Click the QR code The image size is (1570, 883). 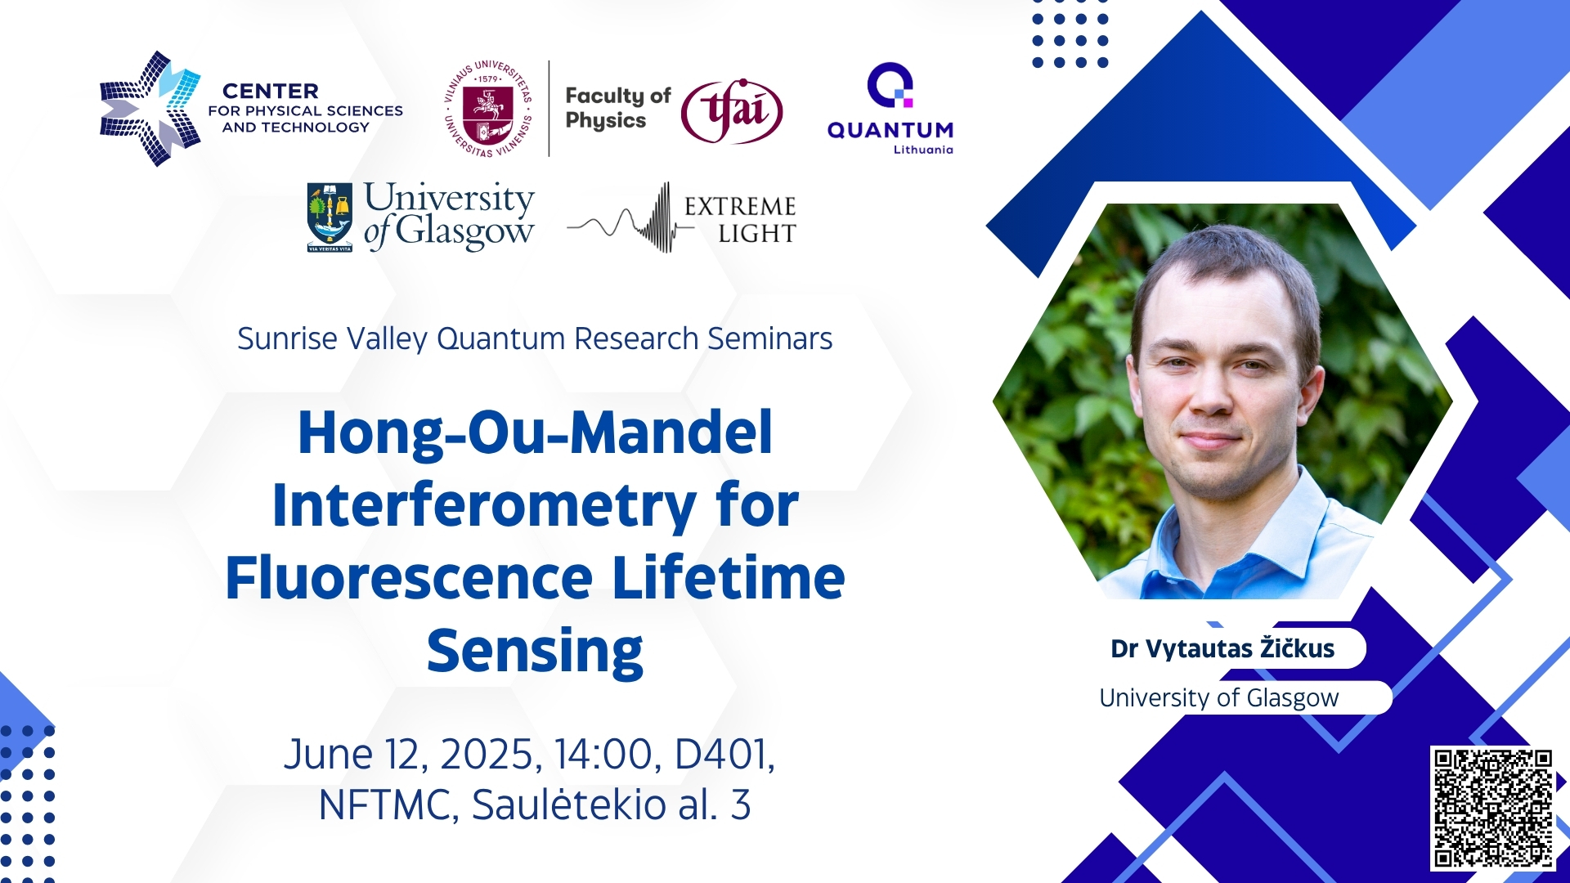[x=1492, y=808]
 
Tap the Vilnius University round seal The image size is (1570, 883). [x=488, y=109]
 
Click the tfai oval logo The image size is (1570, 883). [x=732, y=111]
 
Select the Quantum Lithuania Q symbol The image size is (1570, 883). [x=890, y=85]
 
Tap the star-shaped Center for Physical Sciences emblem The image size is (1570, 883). [x=150, y=109]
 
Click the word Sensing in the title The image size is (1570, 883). [x=535, y=652]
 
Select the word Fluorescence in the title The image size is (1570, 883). [x=409, y=578]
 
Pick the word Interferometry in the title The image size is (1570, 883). [x=484, y=505]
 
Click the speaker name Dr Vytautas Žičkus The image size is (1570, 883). [x=1222, y=648]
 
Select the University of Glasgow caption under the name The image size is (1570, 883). [x=1219, y=697]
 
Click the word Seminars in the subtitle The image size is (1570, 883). [x=770, y=338]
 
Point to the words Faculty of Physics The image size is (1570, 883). [x=618, y=108]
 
